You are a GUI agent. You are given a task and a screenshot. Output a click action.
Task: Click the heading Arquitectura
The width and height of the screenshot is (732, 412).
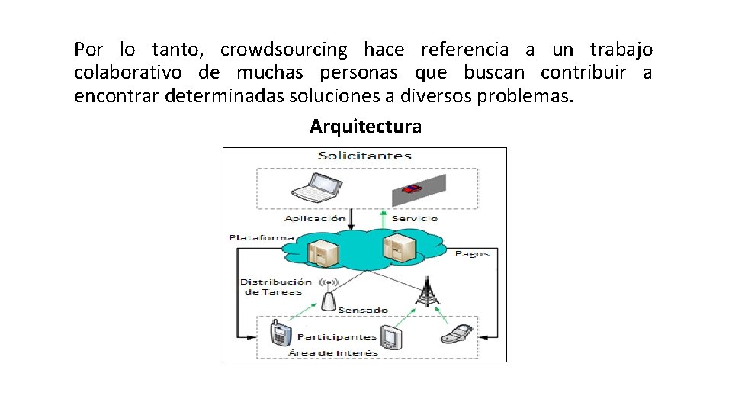click(x=365, y=126)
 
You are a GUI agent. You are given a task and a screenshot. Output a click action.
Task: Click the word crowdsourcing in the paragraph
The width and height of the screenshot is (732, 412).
click(x=283, y=50)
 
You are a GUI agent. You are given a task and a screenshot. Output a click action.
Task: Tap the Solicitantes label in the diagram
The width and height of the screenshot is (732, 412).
click(x=364, y=156)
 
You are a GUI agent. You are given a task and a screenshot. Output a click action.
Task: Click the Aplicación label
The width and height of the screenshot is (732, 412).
click(x=315, y=219)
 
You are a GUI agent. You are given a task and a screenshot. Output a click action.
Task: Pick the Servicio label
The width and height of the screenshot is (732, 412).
click(x=415, y=219)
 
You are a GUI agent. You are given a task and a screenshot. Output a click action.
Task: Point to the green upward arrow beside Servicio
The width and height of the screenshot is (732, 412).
click(x=384, y=219)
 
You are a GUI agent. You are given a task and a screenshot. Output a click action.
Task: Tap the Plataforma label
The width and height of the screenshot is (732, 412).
click(x=261, y=238)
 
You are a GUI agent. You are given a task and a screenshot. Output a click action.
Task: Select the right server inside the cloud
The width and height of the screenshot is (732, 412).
click(x=398, y=247)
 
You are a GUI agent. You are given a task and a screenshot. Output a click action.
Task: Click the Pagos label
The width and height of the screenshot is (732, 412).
click(x=471, y=253)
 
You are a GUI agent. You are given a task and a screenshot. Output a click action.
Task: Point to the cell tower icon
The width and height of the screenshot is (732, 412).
click(x=427, y=291)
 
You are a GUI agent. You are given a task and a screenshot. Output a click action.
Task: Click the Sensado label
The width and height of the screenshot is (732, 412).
click(x=364, y=310)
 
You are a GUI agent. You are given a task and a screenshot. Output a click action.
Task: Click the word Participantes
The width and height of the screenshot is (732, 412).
click(x=336, y=336)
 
